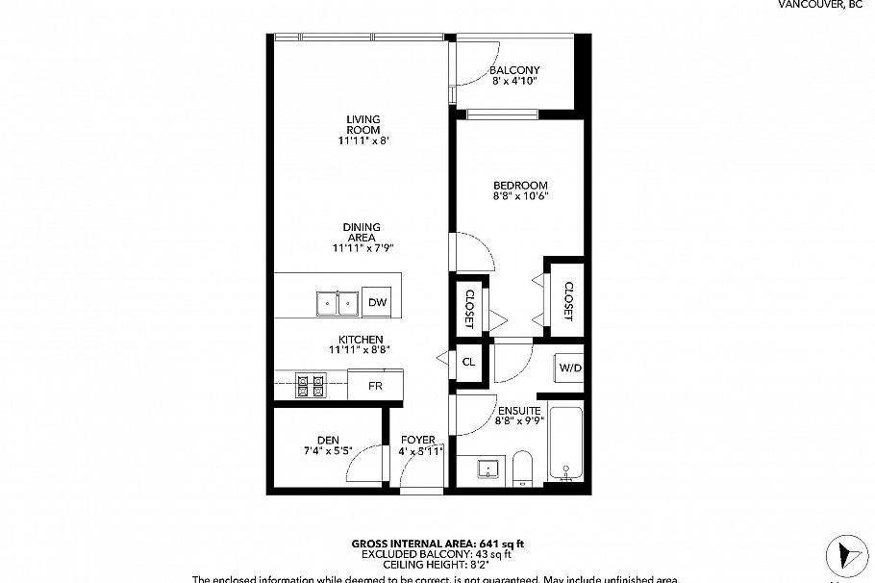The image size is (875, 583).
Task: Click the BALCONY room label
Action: (514, 70)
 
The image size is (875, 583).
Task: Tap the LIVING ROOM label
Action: (363, 124)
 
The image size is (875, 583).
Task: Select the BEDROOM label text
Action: (520, 186)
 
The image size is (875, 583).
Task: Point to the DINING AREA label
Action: (362, 232)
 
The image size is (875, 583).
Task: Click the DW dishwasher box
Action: (378, 303)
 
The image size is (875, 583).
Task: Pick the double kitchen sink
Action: (337, 303)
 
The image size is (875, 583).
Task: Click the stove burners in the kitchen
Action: (311, 386)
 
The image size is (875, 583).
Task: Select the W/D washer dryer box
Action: (570, 368)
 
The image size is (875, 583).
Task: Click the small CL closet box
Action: (469, 363)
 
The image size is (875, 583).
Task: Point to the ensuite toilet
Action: (523, 469)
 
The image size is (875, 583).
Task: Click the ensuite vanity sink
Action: (489, 470)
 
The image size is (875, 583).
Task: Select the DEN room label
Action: (328, 441)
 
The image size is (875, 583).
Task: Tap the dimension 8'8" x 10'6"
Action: (520, 197)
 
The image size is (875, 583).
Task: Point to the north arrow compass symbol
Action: (845, 555)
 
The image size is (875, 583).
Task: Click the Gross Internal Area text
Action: (437, 545)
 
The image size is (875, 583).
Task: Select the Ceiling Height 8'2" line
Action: (437, 566)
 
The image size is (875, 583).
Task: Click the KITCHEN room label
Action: (362, 339)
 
